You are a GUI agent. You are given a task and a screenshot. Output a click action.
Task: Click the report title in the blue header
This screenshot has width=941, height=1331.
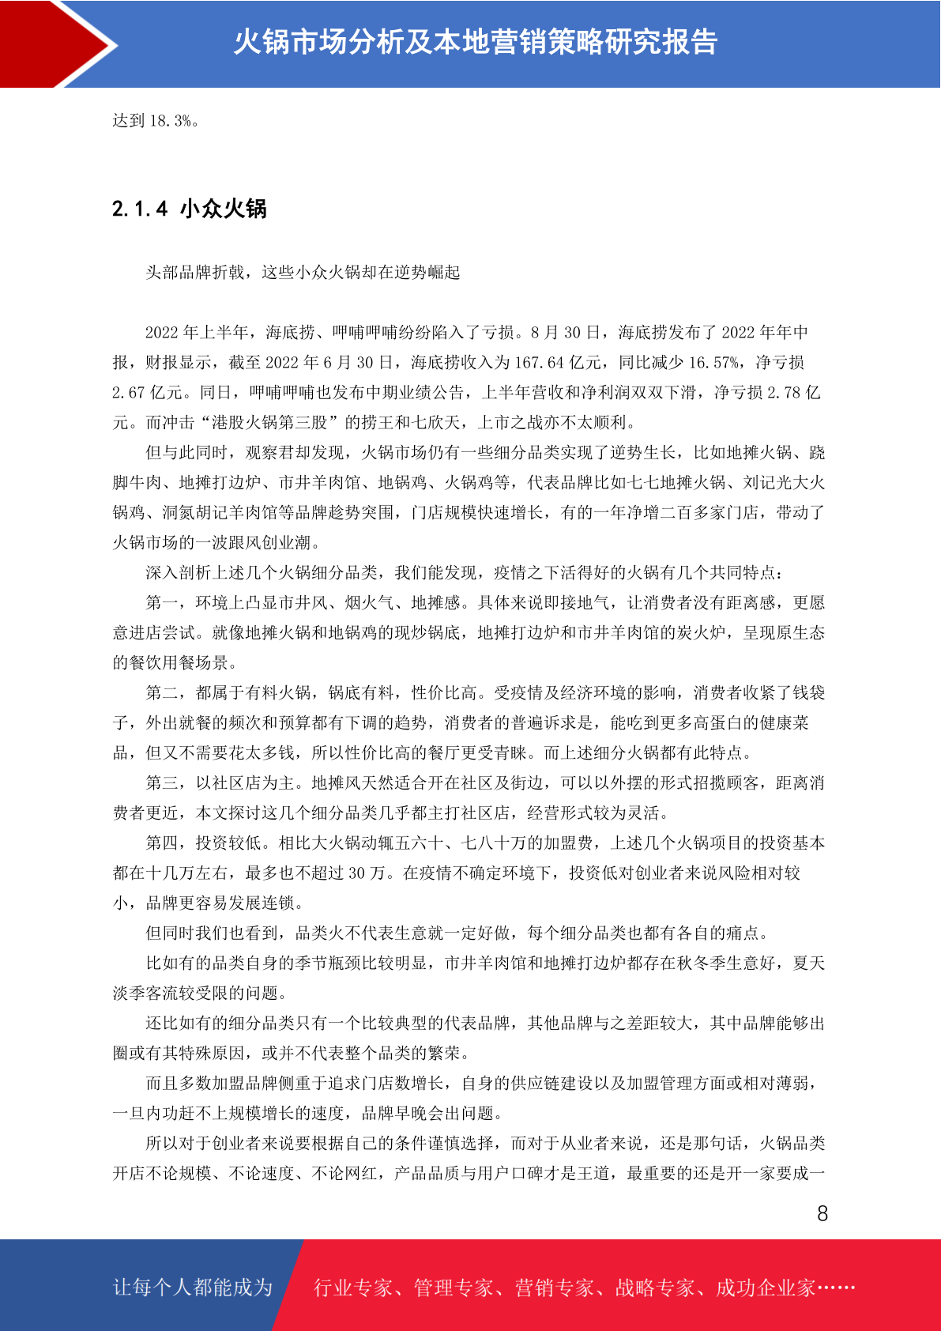475,42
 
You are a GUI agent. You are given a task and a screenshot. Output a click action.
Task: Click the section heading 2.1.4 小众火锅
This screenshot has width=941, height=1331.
190,209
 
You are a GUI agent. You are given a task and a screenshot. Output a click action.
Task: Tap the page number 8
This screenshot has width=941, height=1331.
822,1214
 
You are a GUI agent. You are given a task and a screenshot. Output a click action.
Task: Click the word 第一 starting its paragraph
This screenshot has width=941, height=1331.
162,603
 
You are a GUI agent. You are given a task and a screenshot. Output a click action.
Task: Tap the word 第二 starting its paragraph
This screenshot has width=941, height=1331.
162,693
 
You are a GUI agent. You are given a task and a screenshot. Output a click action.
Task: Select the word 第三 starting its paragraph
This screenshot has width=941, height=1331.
162,783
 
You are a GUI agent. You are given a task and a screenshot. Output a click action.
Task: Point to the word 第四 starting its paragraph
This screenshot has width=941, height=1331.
162,843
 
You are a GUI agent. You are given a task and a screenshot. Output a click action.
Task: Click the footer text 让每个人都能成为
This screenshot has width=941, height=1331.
193,1288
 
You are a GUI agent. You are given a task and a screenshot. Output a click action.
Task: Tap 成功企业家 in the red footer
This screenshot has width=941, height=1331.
765,1288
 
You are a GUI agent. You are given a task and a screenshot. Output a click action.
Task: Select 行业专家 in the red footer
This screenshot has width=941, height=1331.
353,1288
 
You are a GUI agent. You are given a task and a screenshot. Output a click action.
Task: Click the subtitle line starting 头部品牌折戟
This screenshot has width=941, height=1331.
303,273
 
